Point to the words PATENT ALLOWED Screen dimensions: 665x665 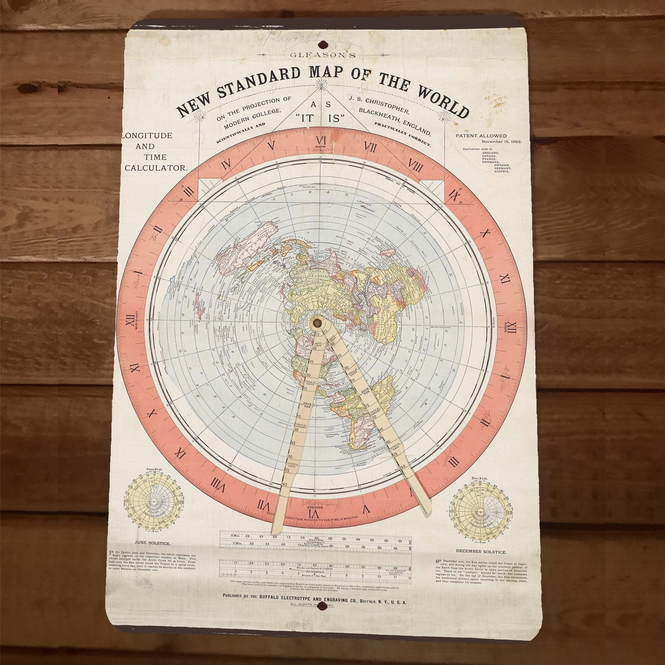pyautogui.click(x=481, y=136)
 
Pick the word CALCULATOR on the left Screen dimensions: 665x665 pyautogui.click(x=156, y=168)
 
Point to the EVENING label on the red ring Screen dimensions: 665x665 pyautogui.click(x=315, y=507)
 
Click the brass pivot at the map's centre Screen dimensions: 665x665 pyautogui.click(x=317, y=323)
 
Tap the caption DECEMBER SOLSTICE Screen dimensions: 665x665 pyautogui.click(x=481, y=551)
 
